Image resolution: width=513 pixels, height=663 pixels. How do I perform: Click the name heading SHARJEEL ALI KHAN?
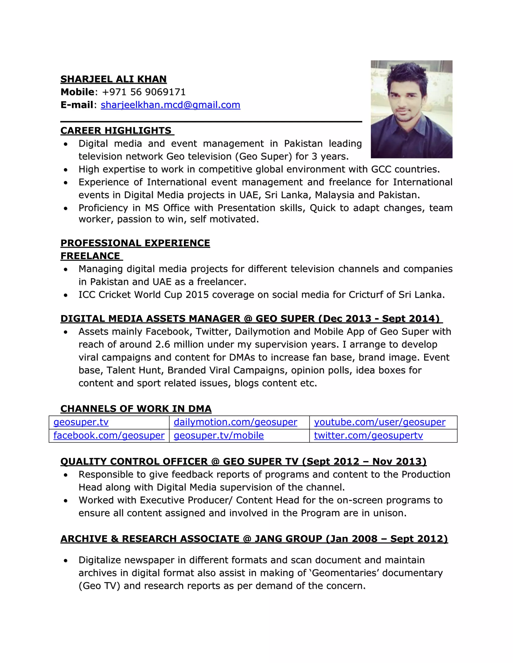click(x=113, y=79)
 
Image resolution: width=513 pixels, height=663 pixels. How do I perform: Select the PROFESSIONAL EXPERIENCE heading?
click(x=135, y=243)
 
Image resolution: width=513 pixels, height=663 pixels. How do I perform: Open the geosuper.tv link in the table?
click(x=81, y=422)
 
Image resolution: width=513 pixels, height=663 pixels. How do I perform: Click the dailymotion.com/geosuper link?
click(x=235, y=422)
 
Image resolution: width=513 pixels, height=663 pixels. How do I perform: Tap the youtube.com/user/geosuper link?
click(x=379, y=422)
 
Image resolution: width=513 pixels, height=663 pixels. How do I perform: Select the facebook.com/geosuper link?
click(x=109, y=436)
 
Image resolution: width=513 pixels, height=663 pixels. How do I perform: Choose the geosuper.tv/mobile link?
click(x=218, y=436)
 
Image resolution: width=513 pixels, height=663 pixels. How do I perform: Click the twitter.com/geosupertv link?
click(x=368, y=436)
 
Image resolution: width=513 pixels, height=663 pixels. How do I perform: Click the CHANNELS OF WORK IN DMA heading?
click(x=136, y=409)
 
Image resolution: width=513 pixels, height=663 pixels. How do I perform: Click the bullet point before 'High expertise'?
click(x=66, y=170)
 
